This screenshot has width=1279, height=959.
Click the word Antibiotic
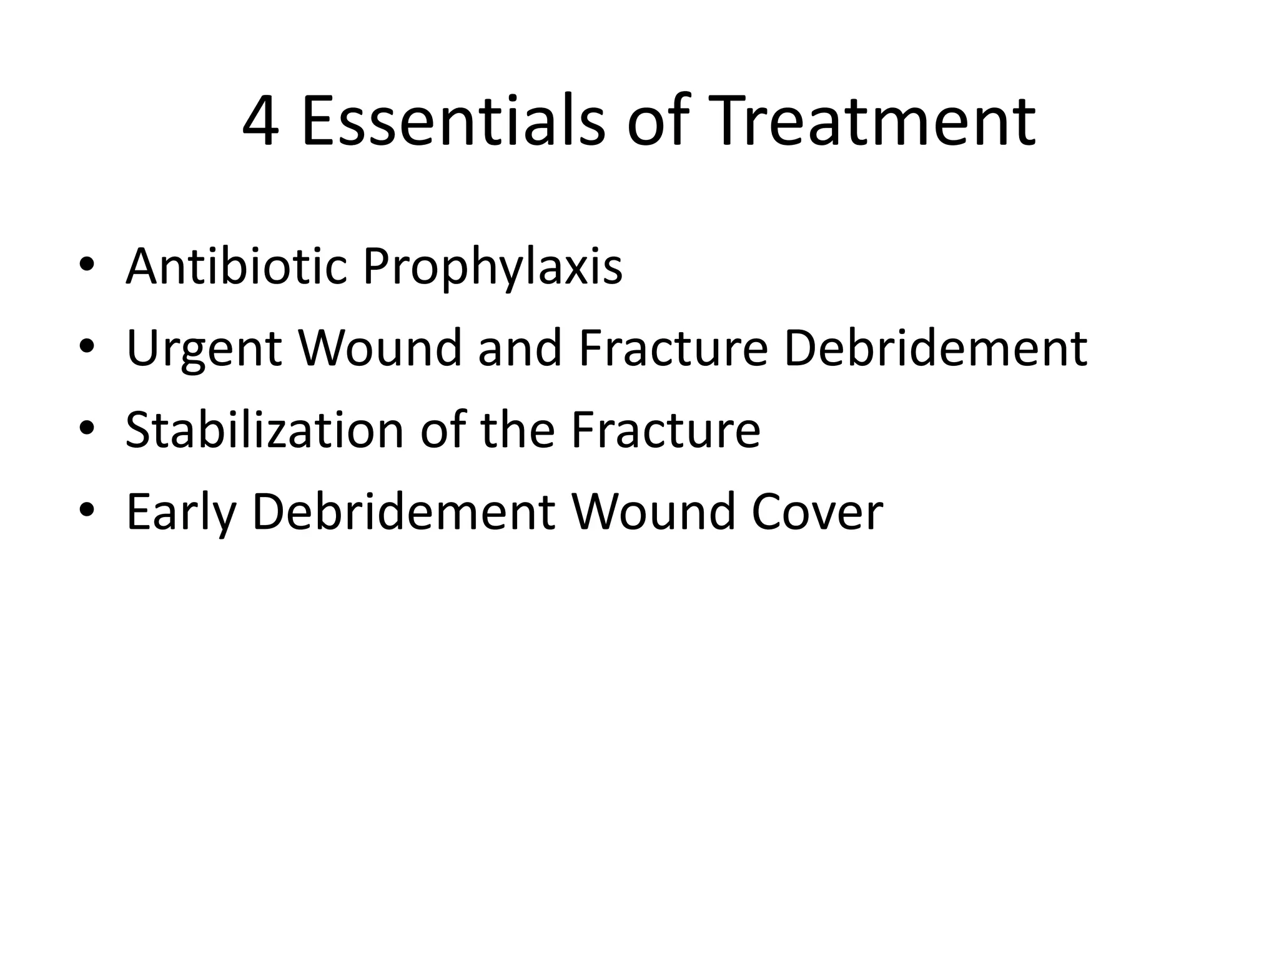[236, 267]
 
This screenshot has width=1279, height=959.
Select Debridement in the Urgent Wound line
[935, 348]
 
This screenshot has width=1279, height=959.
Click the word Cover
[817, 512]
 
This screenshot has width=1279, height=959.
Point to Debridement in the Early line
[403, 512]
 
